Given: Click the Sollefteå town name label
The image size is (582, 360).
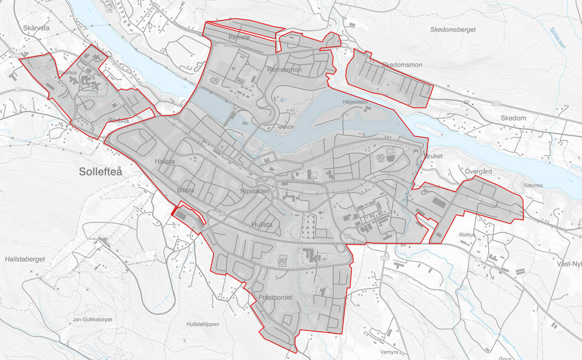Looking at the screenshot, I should click(x=100, y=172).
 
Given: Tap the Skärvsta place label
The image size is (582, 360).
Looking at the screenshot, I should click(x=36, y=28).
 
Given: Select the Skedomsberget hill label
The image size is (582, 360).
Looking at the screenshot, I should click(x=453, y=30).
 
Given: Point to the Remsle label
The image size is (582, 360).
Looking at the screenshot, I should click(x=239, y=37).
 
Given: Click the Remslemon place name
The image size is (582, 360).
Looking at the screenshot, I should click(x=284, y=70).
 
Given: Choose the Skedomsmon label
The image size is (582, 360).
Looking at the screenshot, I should click(x=402, y=65).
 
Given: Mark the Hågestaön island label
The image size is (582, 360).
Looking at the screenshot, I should click(x=355, y=102).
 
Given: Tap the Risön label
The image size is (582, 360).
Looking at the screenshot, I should click(x=287, y=127).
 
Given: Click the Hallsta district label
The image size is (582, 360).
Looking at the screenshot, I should click(x=165, y=161).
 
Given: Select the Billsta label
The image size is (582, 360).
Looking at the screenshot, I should click(x=186, y=190).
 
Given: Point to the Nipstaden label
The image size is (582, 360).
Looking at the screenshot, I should click(x=255, y=191).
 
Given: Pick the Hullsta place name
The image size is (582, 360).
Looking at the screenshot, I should click(x=262, y=224).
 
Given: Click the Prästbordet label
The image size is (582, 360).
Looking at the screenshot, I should click(x=275, y=298).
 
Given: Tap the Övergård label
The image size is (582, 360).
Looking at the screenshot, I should click(x=478, y=171).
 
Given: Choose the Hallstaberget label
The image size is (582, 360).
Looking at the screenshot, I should click(x=25, y=259).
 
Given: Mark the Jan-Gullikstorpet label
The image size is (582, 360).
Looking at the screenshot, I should click(x=93, y=319).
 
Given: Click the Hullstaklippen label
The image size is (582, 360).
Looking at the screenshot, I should click(x=202, y=324).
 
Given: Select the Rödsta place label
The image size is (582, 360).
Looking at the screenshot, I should click(x=119, y=120).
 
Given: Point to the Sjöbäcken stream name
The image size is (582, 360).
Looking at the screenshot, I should click(x=557, y=38).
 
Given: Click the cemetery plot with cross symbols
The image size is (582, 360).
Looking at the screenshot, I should click(x=309, y=226).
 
